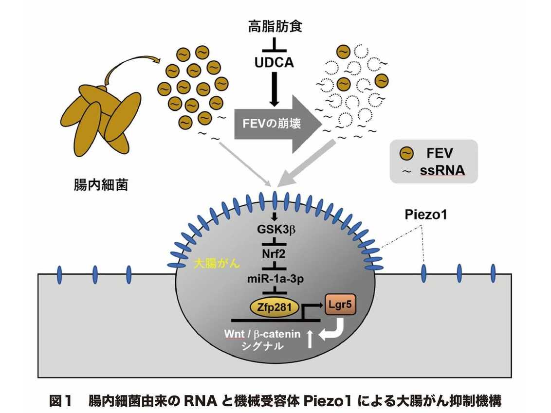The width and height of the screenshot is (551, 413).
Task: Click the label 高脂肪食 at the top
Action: point(275,25)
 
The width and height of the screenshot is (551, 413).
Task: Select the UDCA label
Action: point(275,63)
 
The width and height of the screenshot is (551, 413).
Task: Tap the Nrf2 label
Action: point(275,254)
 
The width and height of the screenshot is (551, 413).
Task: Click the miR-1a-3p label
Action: point(275,279)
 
